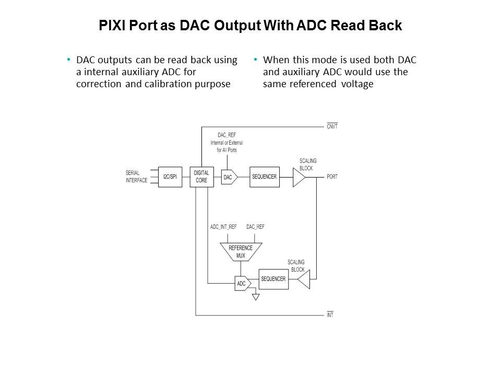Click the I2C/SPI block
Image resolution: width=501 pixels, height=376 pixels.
170,177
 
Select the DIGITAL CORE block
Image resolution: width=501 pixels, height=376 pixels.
201,177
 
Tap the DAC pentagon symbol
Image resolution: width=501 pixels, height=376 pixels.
229,178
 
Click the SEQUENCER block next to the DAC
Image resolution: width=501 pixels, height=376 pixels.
265,177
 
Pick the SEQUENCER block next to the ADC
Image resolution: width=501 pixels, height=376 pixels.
273,279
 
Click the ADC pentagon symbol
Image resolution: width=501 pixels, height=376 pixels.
242,284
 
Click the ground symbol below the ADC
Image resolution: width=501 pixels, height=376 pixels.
255,297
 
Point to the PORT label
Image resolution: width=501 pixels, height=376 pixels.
332,177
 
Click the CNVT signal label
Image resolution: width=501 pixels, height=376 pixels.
332,127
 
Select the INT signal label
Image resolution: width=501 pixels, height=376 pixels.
330,315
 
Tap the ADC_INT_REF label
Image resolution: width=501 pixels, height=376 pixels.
223,227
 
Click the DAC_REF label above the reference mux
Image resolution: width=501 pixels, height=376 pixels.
255,227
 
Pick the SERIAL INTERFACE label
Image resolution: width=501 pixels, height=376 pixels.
136,177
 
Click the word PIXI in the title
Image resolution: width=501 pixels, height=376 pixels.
113,26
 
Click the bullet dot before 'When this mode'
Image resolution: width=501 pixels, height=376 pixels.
255,60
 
